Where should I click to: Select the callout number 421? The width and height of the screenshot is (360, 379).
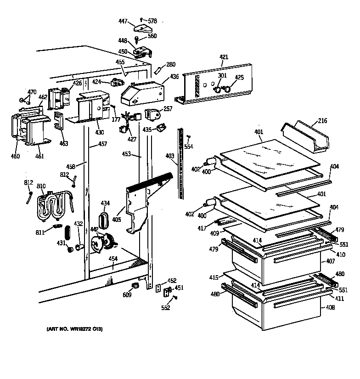[224, 57]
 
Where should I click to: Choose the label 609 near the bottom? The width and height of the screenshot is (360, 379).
[127, 295]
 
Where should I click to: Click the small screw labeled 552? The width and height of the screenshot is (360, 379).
[174, 298]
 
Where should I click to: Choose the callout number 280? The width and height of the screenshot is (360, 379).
[170, 64]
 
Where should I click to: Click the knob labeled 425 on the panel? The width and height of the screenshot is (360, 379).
[226, 89]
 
